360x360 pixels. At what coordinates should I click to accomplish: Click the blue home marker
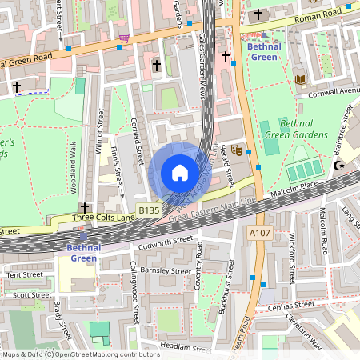coord(179,173)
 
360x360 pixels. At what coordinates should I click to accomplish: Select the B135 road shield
coord(149,210)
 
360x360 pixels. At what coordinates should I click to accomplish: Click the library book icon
coord(301,79)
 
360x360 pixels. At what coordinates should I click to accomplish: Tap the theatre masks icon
coord(237,149)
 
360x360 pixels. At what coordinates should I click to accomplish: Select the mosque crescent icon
coord(338,166)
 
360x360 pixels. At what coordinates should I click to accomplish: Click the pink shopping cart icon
coord(124,39)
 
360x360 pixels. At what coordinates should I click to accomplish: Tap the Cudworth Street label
coord(166,238)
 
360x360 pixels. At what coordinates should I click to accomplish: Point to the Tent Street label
coord(24,274)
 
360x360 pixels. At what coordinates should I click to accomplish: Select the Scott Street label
coord(31,294)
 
